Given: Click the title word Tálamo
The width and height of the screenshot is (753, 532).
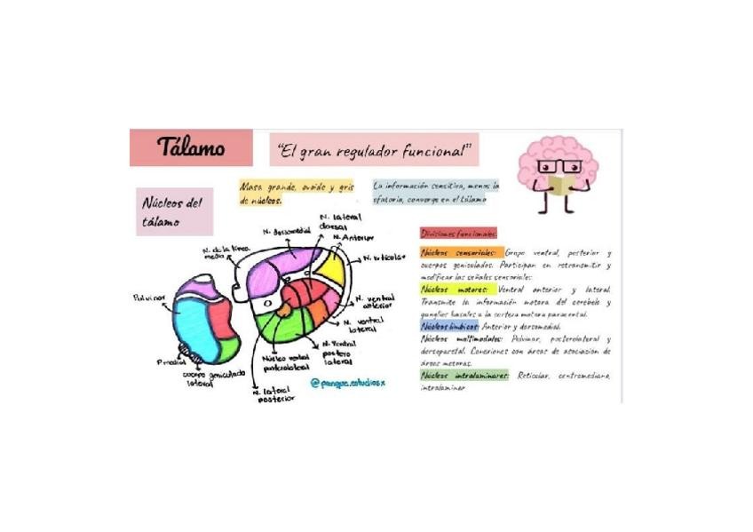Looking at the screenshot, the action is pyautogui.click(x=190, y=147).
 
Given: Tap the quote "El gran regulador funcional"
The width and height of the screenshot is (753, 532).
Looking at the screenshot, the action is pyautogui.click(x=374, y=149).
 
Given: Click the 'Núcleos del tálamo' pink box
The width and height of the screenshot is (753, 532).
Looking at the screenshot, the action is pyautogui.click(x=173, y=211).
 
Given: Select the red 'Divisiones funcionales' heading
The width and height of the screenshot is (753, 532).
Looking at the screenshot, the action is pyautogui.click(x=458, y=233).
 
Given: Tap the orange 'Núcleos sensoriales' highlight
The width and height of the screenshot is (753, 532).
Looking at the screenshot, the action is pyautogui.click(x=461, y=253).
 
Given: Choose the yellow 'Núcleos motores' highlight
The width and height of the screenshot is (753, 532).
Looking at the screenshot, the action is pyautogui.click(x=456, y=290).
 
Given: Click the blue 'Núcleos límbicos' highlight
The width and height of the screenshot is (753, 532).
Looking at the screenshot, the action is pyautogui.click(x=450, y=326).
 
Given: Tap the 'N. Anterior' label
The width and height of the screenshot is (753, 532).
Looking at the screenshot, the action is pyautogui.click(x=353, y=238).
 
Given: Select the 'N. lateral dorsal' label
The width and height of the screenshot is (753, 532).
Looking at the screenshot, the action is pyautogui.click(x=334, y=221).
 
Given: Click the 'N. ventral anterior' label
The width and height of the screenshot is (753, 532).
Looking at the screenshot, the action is pyautogui.click(x=375, y=302).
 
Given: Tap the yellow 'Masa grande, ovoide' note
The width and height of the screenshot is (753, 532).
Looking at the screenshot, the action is pyautogui.click(x=296, y=194).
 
